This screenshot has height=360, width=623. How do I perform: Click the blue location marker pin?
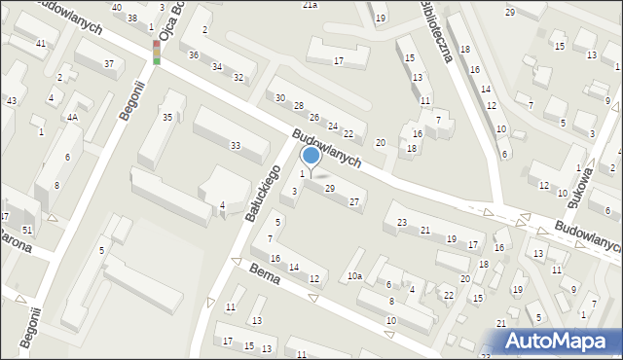click(x=311, y=156)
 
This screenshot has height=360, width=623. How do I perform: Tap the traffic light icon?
click(x=156, y=53)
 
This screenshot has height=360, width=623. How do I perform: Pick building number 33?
click(x=235, y=145)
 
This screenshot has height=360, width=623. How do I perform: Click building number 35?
click(x=167, y=118)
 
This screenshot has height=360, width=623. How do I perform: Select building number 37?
click(x=108, y=63)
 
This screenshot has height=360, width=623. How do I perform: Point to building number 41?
click(x=40, y=44)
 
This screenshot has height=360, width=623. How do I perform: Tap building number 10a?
click(x=355, y=276)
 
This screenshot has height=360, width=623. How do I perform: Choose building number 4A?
click(x=72, y=117)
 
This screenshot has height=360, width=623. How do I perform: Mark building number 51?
click(x=27, y=229)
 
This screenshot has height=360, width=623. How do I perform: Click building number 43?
click(x=12, y=101)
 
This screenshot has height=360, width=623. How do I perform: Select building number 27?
click(x=354, y=201)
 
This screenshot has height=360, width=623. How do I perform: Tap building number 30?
click(x=280, y=98)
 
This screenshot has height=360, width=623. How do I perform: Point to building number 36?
click(x=194, y=54)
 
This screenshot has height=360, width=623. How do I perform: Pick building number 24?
click(x=332, y=126)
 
